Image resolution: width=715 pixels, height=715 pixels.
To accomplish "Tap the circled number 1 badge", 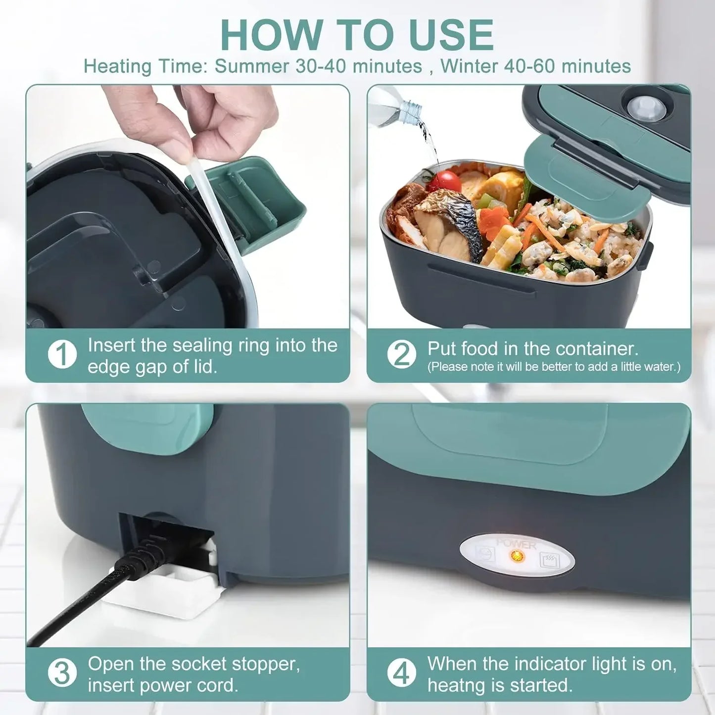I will point(62,354).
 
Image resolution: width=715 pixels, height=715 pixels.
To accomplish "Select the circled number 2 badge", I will point(401,354).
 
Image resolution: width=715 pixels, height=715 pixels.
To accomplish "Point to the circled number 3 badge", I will point(62,673).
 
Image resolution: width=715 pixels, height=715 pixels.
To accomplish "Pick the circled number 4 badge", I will point(401,673).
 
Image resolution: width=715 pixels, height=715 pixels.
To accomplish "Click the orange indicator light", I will point(517,555).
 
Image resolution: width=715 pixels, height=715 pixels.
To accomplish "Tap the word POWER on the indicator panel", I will point(516,544).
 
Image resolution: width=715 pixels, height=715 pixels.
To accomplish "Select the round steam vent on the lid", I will point(644,107).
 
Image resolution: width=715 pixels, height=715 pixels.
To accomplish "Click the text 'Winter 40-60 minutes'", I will point(535,66).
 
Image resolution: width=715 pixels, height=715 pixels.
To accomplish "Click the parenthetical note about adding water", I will point(554,367).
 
